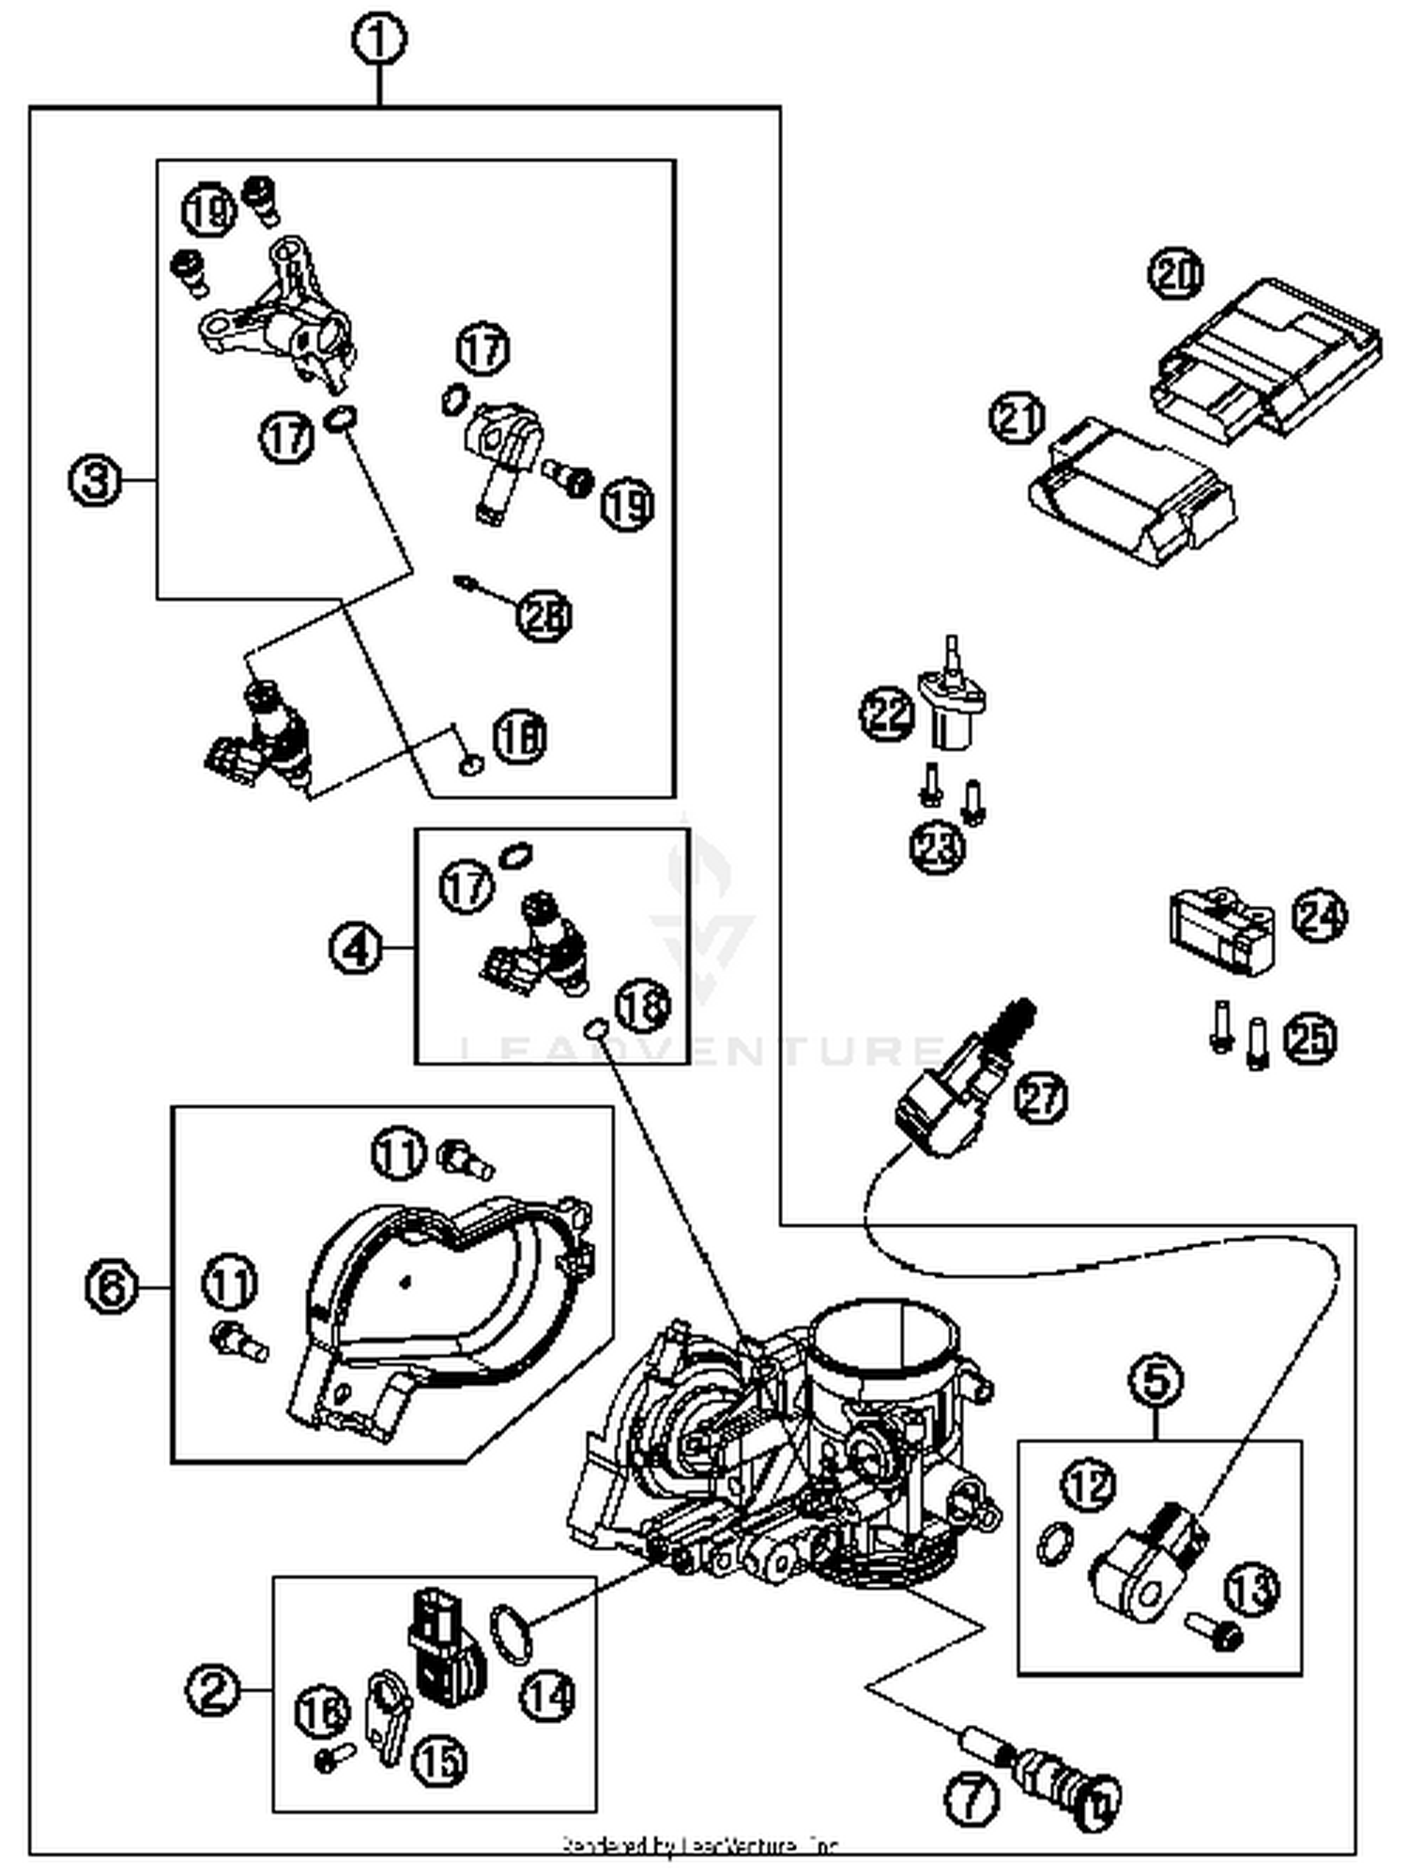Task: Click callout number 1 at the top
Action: (x=379, y=40)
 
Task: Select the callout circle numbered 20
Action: (x=1176, y=275)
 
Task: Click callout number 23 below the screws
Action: (x=938, y=846)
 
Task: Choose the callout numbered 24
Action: (x=1319, y=916)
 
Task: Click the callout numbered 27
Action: (x=1040, y=1097)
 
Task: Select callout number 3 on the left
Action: (x=95, y=481)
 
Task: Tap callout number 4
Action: (x=356, y=948)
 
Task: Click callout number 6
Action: (x=111, y=1285)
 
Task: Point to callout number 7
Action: (x=970, y=1798)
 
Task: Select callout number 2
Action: (x=213, y=1690)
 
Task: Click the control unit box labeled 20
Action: (x=1267, y=357)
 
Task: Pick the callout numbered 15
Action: (x=438, y=1762)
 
